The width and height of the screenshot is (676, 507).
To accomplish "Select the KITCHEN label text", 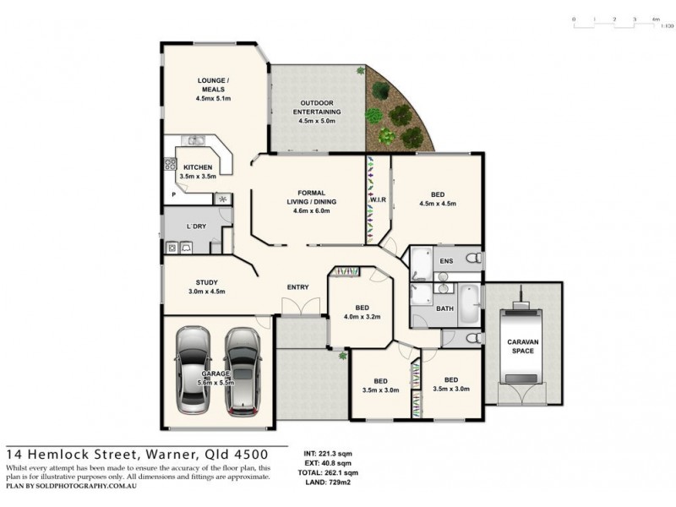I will pos(198,167).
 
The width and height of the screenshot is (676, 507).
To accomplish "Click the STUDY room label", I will pos(207,283).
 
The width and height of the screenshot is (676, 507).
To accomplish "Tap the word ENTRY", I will pos(297,287).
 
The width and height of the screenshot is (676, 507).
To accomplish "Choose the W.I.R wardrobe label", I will pos(377,200).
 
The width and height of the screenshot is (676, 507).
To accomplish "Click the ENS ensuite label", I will pos(445,261).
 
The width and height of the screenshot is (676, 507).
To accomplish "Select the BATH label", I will pos(444,308).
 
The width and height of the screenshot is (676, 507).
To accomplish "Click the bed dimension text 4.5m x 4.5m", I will pos(438,204).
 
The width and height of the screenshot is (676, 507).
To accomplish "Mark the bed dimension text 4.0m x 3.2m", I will pos(363,317).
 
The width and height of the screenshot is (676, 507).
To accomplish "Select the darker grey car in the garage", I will pos(242,369).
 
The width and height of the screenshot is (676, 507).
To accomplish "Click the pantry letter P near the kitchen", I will pos(173,195).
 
